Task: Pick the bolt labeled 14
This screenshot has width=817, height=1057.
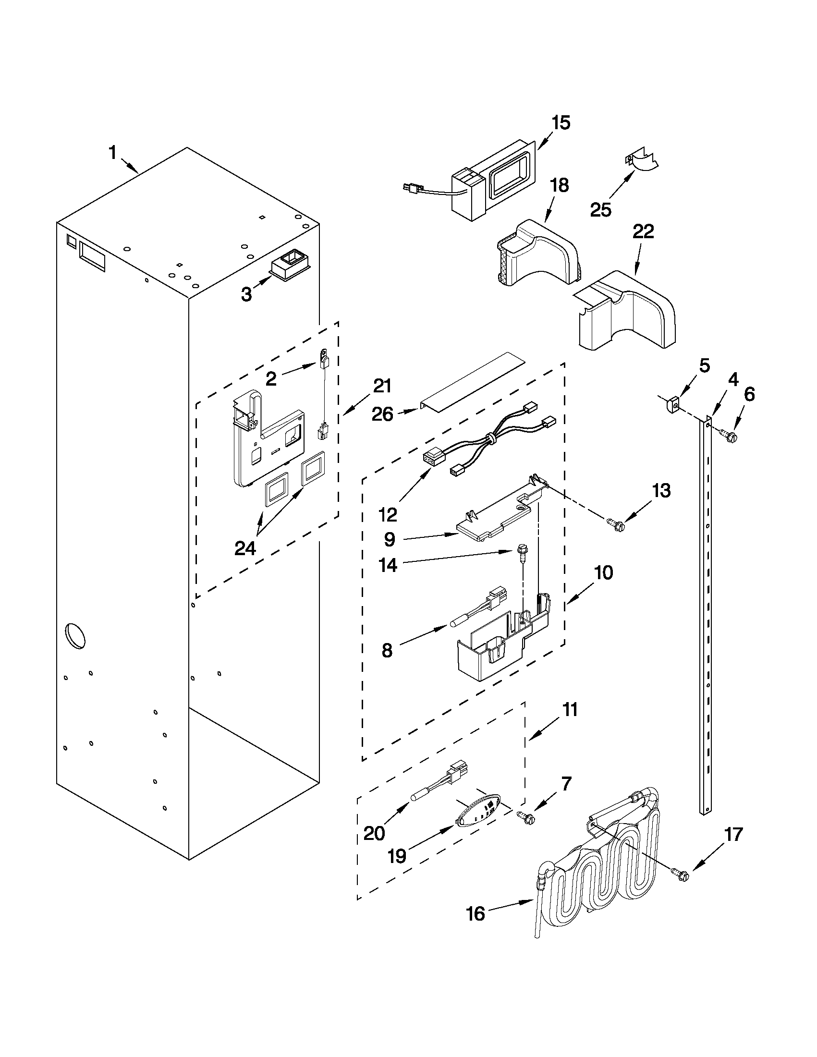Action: [523, 552]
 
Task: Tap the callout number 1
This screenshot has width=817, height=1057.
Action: [112, 153]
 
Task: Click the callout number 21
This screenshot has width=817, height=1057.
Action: [382, 386]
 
